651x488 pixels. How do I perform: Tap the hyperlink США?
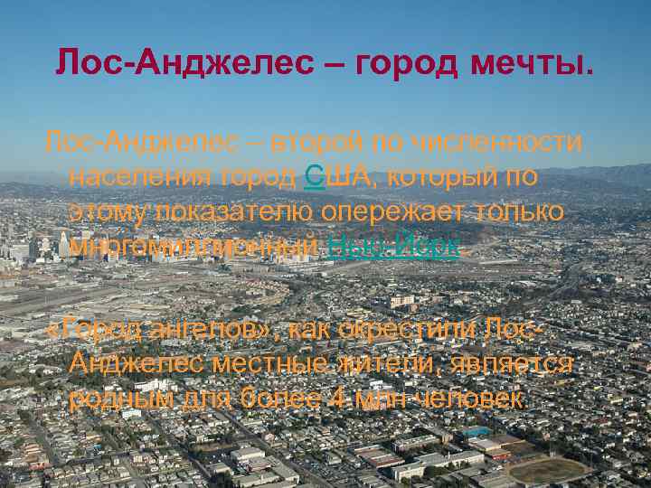[329, 176]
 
